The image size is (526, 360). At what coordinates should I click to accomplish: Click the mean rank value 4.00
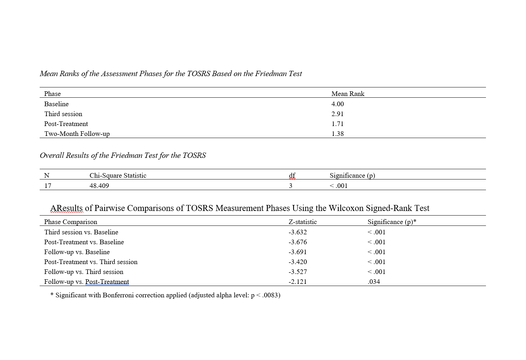coord(338,104)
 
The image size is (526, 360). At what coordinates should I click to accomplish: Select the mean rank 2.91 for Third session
coord(338,114)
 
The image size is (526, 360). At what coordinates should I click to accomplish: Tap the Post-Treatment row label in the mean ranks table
coord(66,124)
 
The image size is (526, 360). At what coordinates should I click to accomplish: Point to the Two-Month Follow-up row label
coord(77,134)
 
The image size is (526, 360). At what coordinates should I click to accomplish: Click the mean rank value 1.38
coord(338,134)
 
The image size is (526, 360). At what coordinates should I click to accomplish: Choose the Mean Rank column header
coord(348,94)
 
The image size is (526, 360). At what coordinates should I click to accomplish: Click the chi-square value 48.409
coord(99,186)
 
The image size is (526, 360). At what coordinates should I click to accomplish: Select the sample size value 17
coord(47,186)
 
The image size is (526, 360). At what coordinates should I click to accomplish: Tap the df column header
coord(292,176)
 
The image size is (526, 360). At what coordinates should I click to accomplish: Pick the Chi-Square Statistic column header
coord(118,176)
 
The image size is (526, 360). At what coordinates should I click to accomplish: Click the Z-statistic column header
coord(302,222)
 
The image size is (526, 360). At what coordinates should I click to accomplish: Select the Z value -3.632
coord(298,232)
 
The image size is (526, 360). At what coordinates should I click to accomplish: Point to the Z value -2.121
coord(298,282)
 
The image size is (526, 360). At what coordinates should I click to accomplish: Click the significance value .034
coord(374,282)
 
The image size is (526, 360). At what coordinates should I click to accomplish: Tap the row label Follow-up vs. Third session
coord(84,272)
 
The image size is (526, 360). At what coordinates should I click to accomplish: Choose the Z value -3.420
coord(298,262)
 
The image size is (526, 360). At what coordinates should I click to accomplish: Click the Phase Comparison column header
coord(70,222)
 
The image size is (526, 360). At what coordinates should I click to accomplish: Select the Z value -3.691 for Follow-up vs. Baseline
coord(298,252)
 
